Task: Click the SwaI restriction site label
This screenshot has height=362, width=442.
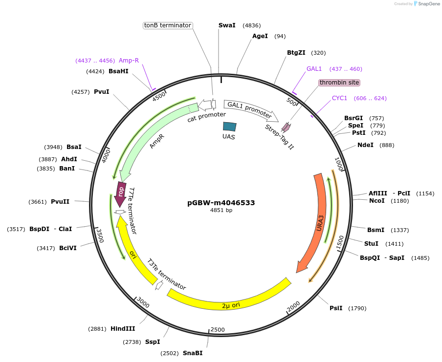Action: tap(227, 25)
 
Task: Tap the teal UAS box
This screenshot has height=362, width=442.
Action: tap(229, 127)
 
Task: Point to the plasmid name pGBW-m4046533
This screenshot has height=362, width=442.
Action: tap(221, 203)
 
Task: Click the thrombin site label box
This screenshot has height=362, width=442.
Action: tap(339, 83)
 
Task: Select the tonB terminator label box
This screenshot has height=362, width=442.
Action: tap(168, 25)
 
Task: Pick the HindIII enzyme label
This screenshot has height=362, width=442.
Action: tap(123, 329)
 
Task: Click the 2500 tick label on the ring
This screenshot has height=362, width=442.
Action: tap(218, 330)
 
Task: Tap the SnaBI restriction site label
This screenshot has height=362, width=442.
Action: tap(193, 353)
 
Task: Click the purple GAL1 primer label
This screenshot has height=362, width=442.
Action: tap(314, 69)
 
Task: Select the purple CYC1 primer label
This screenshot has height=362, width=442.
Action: tap(339, 98)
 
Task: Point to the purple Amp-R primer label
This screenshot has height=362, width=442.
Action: tap(129, 61)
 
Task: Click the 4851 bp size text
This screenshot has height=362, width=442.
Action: tap(221, 211)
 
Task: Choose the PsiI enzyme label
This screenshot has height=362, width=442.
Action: tap(336, 308)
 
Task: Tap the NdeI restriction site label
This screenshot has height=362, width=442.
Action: tap(365, 145)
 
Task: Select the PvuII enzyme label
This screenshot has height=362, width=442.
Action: tap(60, 201)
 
